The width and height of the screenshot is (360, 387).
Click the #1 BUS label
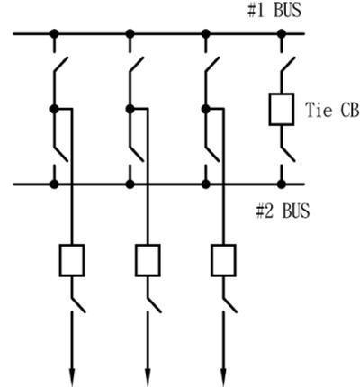click(274, 10)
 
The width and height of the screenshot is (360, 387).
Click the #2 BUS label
click(283, 211)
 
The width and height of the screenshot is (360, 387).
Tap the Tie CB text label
click(332, 110)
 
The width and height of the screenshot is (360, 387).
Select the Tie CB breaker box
click(282, 109)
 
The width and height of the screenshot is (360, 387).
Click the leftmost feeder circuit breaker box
click(72, 260)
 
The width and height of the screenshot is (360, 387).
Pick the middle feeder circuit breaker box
click(148, 260)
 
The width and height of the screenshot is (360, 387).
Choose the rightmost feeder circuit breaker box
click(223, 260)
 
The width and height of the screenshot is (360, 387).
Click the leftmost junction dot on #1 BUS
click(54, 33)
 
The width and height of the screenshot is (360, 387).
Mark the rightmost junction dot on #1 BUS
click(282, 33)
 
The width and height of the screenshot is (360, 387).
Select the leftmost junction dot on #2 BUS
click(54, 184)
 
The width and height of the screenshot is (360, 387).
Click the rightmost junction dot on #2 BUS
click(282, 184)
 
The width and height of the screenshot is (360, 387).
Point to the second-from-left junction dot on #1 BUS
click(130, 33)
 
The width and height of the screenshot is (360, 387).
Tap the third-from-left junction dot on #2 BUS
click(206, 184)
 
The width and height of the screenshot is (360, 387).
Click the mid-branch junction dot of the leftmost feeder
click(54, 109)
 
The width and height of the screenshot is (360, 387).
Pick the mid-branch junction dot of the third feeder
click(206, 109)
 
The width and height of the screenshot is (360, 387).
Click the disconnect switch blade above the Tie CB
click(288, 65)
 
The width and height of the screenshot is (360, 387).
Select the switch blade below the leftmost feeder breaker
click(79, 305)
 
